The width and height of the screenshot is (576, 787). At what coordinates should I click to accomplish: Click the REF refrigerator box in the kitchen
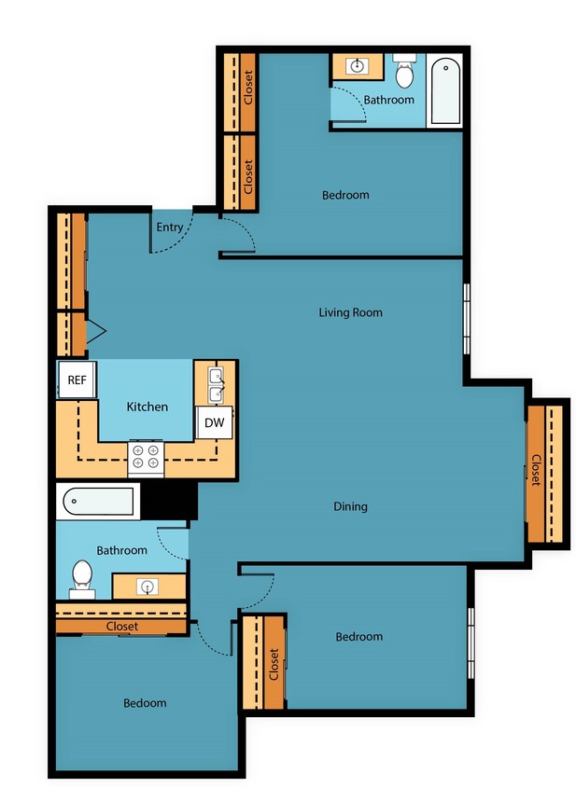(x=76, y=380)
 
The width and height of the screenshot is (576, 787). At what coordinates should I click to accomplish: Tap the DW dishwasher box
(x=213, y=422)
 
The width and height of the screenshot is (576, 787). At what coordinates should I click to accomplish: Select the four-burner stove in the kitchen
(x=146, y=456)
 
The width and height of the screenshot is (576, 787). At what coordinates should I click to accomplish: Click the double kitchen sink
(x=216, y=384)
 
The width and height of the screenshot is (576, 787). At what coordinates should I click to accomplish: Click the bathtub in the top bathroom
(x=445, y=91)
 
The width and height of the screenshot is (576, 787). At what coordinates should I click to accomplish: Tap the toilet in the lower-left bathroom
(x=82, y=576)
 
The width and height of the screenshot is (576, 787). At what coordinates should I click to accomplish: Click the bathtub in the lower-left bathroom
(x=99, y=503)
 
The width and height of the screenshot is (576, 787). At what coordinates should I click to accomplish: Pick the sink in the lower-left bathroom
(x=148, y=586)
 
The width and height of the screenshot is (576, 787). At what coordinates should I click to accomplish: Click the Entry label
(x=170, y=227)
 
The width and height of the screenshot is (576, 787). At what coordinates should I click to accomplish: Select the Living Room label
(x=350, y=312)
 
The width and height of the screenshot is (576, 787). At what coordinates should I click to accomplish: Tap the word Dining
(x=350, y=506)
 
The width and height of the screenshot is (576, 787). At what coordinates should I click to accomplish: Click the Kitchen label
(x=148, y=407)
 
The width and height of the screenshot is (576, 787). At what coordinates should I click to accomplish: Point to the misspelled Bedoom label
(x=145, y=702)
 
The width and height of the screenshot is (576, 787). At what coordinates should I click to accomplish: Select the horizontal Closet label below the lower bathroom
(x=121, y=627)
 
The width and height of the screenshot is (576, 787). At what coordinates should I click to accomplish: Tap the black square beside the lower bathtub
(x=170, y=501)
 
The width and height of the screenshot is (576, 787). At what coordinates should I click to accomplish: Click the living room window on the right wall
(x=467, y=317)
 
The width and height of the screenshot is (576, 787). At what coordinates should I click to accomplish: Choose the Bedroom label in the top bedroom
(x=345, y=195)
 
